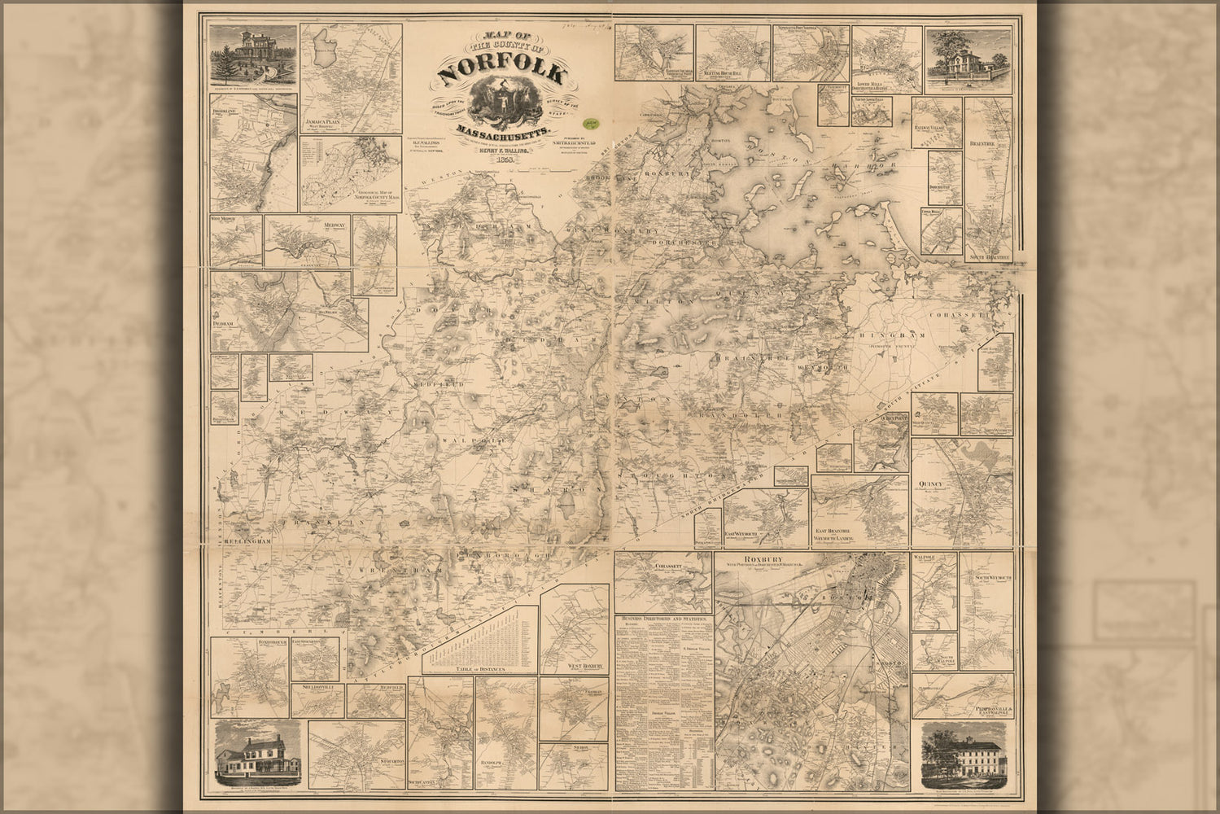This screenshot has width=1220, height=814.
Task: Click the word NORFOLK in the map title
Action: [501, 73]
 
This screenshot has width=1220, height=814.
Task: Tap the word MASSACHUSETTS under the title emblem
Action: [505, 130]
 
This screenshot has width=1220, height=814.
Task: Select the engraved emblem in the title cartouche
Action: [502, 103]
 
